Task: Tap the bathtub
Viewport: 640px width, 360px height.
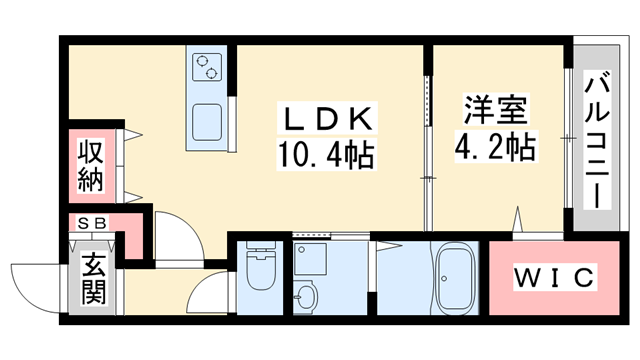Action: (x=456, y=282)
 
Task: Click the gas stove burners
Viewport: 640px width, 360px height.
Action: (x=208, y=68)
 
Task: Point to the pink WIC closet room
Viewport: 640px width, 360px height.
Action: (x=540, y=290)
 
